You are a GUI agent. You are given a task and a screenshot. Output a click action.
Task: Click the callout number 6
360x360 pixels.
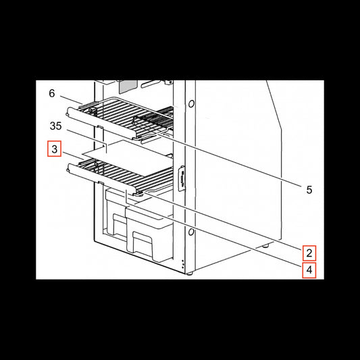[x=52, y=93]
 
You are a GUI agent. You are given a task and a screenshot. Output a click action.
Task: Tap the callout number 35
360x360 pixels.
[x=56, y=126]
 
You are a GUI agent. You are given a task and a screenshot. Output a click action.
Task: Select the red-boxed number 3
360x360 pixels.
[x=55, y=149]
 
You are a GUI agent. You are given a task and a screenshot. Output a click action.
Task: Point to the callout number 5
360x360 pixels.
[x=309, y=190]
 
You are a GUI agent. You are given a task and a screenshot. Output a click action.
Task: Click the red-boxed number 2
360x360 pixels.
[x=309, y=253]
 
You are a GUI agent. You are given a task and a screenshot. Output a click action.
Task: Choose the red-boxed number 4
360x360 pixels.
[x=309, y=270]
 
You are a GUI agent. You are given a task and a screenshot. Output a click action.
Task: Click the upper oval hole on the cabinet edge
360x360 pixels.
[x=191, y=104]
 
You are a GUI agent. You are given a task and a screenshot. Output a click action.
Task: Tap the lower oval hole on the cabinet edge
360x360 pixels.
[x=190, y=232]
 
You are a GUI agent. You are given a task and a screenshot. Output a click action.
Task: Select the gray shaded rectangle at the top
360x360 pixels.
[x=128, y=86]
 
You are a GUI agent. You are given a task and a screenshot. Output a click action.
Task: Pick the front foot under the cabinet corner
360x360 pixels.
[x=189, y=274]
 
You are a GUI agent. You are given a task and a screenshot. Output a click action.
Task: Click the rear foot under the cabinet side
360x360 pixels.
[x=265, y=246]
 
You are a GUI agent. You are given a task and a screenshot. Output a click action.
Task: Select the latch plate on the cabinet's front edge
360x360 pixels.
[x=182, y=178]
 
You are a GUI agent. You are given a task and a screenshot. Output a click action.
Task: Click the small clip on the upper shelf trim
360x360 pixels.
[x=100, y=126]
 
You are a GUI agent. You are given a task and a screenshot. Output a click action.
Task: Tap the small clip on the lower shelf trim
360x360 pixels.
[x=101, y=182]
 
